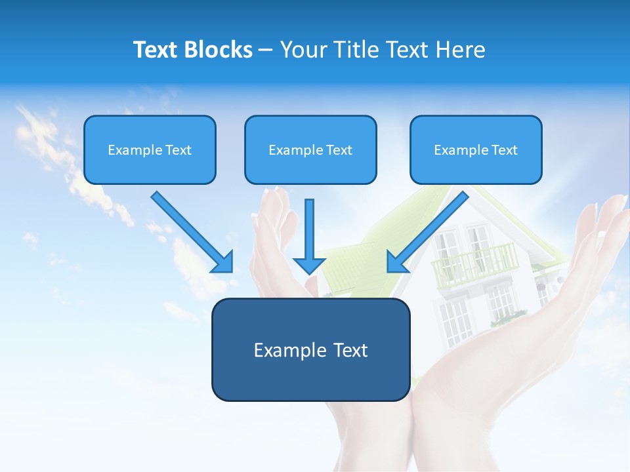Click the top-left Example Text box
pyautogui.click(x=150, y=149)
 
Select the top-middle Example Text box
pyautogui.click(x=310, y=149)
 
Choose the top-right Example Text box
pyautogui.click(x=476, y=149)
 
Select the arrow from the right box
pyautogui.click(x=430, y=229)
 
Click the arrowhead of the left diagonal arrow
pyautogui.click(x=223, y=262)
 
